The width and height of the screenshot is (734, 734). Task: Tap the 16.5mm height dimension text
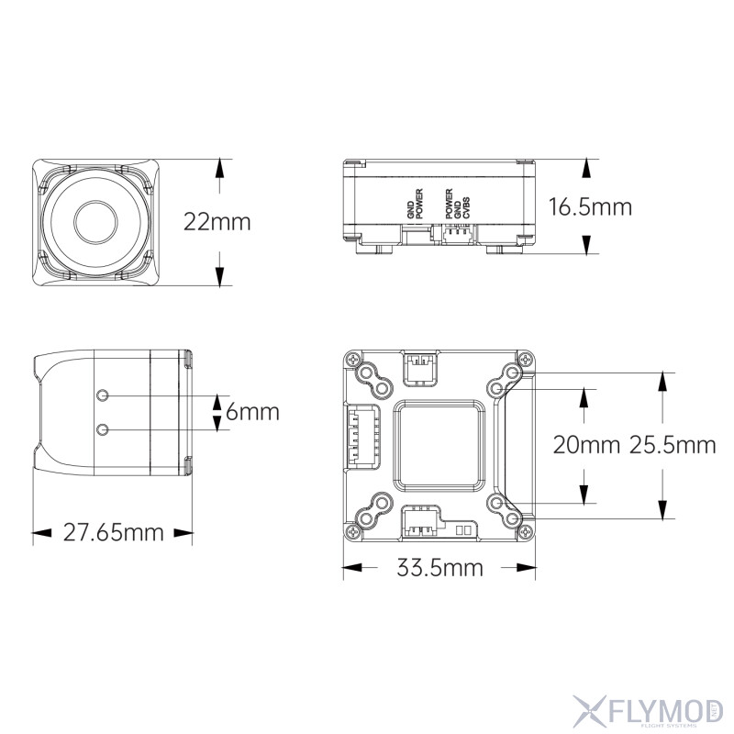(x=589, y=206)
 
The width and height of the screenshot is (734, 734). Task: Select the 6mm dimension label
(x=251, y=413)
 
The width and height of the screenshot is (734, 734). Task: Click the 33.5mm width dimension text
(x=439, y=568)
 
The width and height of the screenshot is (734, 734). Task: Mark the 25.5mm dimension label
(x=673, y=445)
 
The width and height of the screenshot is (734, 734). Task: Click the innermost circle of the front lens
(x=95, y=220)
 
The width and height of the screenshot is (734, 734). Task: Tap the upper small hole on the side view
(x=103, y=395)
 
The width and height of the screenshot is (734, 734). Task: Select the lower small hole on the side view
(x=103, y=429)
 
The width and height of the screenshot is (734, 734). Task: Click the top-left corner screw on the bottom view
(x=352, y=361)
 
